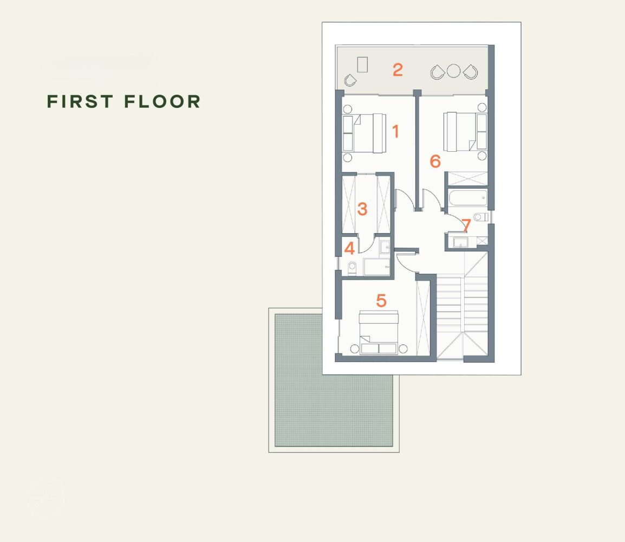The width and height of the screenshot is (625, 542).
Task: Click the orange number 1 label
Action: pos(395,131)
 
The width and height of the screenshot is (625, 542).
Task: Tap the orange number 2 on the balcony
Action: pos(398,70)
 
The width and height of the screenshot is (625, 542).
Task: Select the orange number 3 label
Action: pos(362,209)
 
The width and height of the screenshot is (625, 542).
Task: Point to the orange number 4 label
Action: pos(349,248)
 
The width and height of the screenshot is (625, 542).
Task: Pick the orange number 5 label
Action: pos(381,300)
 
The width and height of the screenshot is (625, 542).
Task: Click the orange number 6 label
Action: pos(435,161)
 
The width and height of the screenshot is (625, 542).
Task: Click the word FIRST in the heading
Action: pos(80,101)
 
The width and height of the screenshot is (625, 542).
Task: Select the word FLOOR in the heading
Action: pos(162,101)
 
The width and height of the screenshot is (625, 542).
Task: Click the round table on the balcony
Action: pos(454,71)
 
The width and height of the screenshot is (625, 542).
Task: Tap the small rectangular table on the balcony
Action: pos(362,64)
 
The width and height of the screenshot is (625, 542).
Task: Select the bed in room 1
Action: pos(364,133)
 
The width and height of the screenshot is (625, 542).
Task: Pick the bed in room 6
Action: pos(466,132)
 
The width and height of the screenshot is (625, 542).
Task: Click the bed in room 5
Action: pos(379,333)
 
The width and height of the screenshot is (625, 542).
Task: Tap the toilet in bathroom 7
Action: pos(481,217)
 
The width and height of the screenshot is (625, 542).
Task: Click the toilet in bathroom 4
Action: pos(352,268)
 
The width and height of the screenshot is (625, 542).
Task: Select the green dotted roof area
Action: pos(334,380)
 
